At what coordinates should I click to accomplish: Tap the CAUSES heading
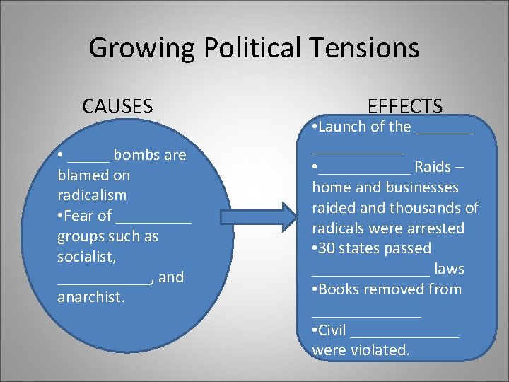click(x=117, y=107)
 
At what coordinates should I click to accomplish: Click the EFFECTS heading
click(x=405, y=107)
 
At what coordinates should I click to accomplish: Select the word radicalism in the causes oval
click(x=92, y=195)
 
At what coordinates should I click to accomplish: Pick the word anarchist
click(x=90, y=297)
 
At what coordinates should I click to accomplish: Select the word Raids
click(x=433, y=167)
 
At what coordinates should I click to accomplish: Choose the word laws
click(x=449, y=269)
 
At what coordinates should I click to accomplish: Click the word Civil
click(x=332, y=330)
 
